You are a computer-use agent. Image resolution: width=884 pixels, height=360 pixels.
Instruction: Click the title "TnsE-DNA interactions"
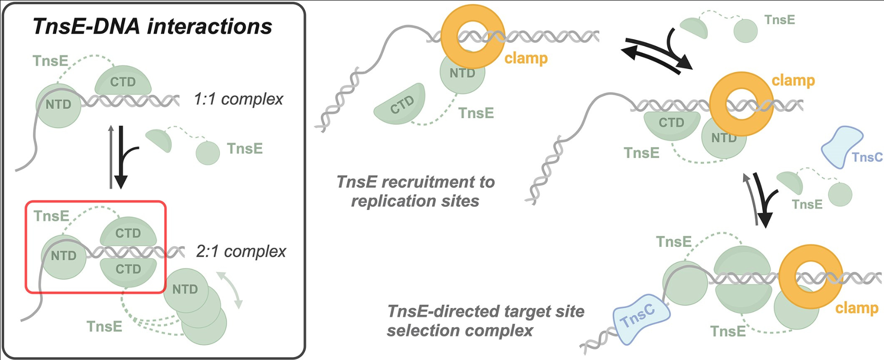click(x=152, y=26)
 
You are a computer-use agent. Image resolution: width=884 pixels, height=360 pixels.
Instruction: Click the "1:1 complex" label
click(x=238, y=99)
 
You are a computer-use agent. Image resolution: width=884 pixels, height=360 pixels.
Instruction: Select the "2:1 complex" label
click(x=241, y=251)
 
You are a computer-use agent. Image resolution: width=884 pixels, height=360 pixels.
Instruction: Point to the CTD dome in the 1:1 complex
click(x=123, y=82)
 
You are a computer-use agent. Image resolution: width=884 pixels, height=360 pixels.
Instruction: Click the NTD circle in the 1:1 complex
click(x=58, y=106)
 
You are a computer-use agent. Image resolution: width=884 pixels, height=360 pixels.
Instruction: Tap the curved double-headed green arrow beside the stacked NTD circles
click(x=230, y=290)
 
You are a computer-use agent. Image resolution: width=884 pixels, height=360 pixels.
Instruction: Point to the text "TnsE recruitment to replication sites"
click(x=415, y=191)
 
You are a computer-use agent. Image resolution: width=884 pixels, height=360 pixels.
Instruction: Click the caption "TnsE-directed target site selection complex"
click(x=486, y=321)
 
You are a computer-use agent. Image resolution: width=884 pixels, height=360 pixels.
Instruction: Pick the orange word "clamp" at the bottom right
click(x=857, y=308)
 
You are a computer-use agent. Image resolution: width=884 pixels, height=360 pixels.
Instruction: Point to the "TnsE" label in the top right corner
click(x=780, y=20)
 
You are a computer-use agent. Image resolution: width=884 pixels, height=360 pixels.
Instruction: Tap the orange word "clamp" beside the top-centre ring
click(x=526, y=59)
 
